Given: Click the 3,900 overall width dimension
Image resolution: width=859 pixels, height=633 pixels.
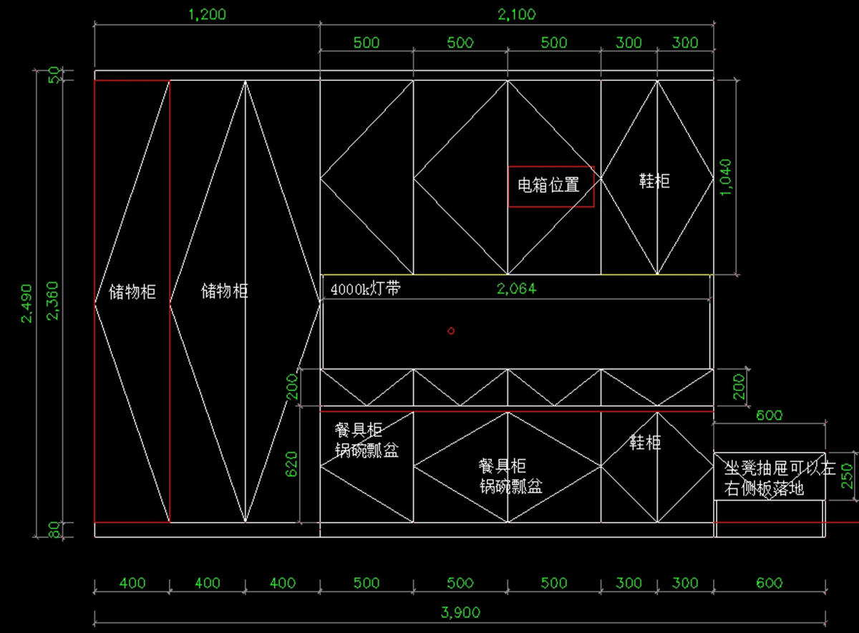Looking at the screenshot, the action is [x=460, y=612].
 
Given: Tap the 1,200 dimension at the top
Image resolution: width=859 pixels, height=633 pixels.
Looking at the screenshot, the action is [x=207, y=14].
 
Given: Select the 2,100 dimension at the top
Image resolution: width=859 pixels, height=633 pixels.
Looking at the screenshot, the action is [x=517, y=14].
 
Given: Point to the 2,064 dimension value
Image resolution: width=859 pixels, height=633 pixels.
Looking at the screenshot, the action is [x=517, y=289].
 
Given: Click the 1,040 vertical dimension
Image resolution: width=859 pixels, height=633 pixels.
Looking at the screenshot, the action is [x=726, y=178].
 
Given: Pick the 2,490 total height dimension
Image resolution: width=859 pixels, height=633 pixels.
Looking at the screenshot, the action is [x=26, y=304].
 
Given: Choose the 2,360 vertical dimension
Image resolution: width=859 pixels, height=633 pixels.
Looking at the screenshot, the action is [x=52, y=301].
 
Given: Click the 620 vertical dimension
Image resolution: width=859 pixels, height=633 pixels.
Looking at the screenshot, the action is [x=291, y=464].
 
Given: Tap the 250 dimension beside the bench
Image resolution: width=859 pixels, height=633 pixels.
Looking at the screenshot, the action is [x=847, y=476].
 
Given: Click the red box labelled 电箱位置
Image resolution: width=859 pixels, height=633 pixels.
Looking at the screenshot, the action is [x=551, y=186].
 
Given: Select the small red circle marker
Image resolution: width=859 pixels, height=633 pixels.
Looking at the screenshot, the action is [x=451, y=331].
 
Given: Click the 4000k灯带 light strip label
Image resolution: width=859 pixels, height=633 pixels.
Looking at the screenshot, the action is [x=366, y=289].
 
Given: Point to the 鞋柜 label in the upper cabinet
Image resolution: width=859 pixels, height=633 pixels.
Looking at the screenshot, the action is [x=654, y=180].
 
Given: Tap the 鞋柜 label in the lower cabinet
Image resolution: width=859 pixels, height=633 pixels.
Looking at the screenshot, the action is [x=646, y=443].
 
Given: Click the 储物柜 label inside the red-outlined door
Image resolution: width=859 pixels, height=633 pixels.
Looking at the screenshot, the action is [x=132, y=292].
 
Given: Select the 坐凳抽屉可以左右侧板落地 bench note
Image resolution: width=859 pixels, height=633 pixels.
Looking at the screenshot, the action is [x=780, y=478].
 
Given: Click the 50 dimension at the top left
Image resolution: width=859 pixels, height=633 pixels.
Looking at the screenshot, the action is [x=55, y=75].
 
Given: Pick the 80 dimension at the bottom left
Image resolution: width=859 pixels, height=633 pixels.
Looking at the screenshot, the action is [x=55, y=530].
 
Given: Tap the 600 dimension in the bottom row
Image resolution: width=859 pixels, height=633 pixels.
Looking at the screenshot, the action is [x=769, y=583].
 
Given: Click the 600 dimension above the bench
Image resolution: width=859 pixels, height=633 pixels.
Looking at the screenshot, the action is [x=769, y=415].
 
